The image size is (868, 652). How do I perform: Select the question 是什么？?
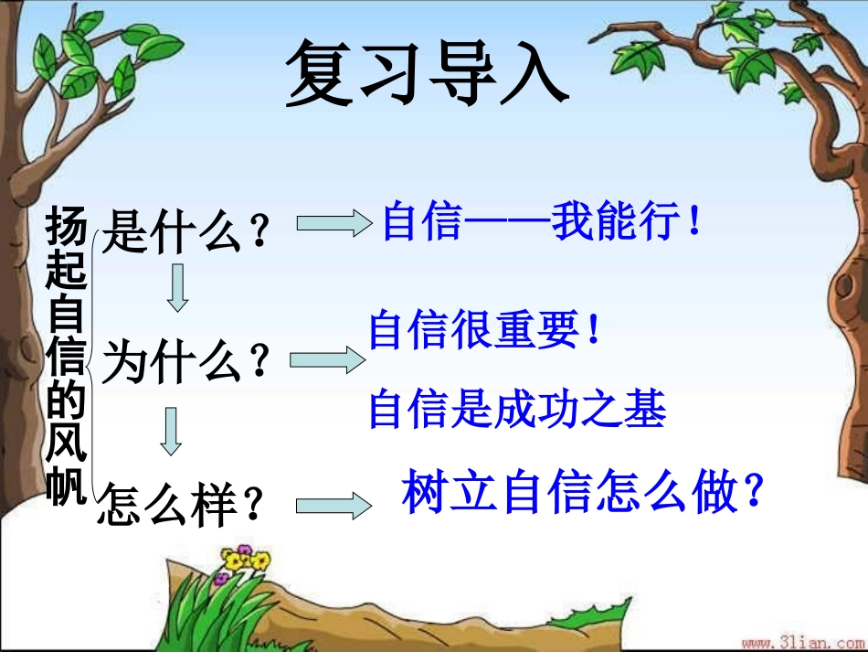[187, 231]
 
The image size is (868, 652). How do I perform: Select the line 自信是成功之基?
[517, 410]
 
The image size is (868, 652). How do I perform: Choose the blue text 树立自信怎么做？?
[582, 494]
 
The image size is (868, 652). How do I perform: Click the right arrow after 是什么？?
[332, 224]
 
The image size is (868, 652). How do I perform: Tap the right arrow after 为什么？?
[326, 360]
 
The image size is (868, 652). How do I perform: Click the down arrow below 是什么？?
[178, 288]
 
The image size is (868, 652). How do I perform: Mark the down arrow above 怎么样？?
[171, 432]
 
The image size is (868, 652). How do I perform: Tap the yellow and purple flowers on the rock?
[241, 561]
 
